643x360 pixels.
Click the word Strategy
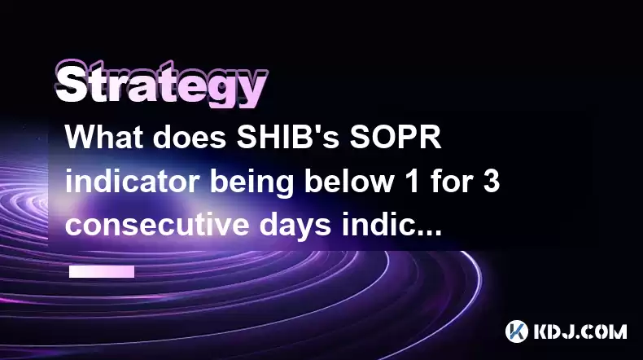pos(161,84)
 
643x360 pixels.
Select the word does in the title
pos(190,137)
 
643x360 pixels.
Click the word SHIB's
pos(287,137)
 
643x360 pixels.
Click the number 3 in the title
pos(492,182)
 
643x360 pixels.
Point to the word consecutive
pos(157,225)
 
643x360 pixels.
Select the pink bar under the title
pos(102,271)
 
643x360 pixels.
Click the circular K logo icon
pos(517,331)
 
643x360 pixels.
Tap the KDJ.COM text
pos(580,331)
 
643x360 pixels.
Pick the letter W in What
pos(81,137)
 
